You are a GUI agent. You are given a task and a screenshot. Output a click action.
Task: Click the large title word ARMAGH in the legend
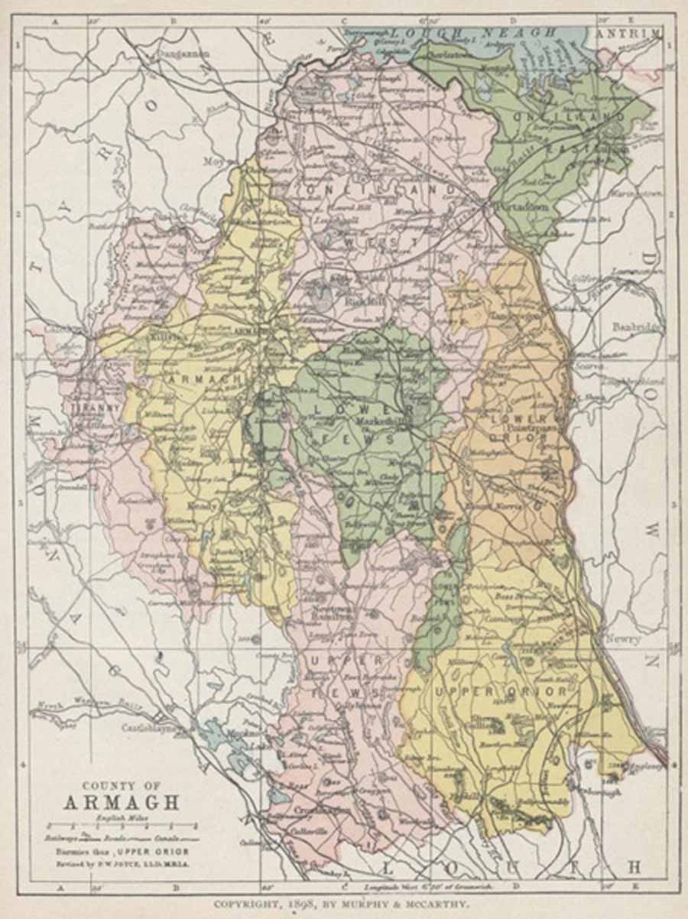pos(122,803)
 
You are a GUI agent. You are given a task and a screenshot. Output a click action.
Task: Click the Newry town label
pos(623,638)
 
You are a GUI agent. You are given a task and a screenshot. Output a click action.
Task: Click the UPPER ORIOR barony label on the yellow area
pos(501,692)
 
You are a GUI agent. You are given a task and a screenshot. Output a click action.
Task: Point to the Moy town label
pos(213,161)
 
